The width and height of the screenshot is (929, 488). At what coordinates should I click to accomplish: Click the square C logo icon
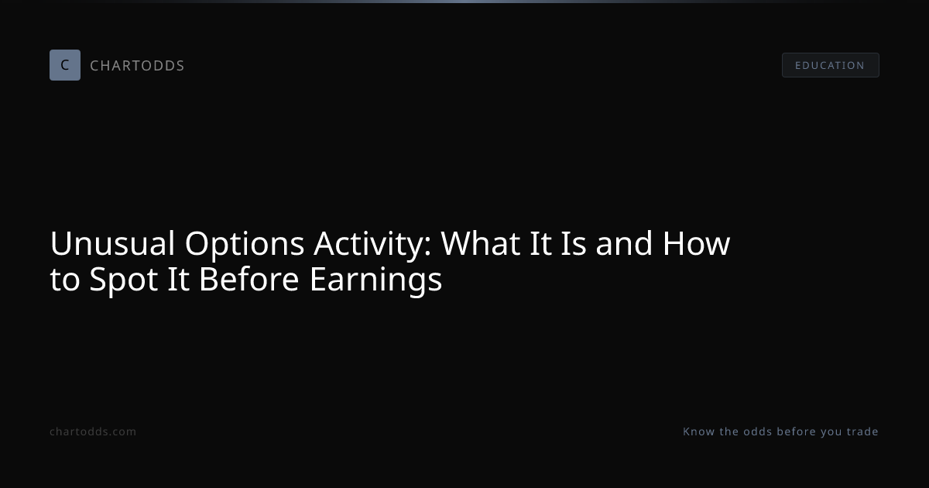click(65, 65)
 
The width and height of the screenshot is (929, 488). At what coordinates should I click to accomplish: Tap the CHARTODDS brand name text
click(137, 66)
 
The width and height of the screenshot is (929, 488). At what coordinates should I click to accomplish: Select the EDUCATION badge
click(830, 65)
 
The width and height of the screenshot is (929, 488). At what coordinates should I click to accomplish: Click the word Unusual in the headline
click(112, 243)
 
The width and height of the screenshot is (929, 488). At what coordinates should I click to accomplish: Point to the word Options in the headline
click(245, 245)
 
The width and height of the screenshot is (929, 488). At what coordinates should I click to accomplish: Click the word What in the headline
click(481, 243)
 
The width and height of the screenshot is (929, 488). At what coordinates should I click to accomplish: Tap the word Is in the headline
click(574, 243)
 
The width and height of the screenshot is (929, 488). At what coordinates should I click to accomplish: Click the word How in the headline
click(696, 243)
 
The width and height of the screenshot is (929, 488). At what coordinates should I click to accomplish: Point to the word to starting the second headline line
click(65, 280)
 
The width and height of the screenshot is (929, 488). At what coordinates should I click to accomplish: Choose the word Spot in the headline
click(123, 281)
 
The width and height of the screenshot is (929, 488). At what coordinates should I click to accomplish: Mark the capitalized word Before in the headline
click(249, 280)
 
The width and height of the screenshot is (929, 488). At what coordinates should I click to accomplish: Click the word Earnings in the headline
click(375, 281)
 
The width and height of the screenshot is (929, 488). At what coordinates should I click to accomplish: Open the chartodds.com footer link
click(93, 431)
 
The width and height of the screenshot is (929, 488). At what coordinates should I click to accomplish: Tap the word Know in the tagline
click(699, 431)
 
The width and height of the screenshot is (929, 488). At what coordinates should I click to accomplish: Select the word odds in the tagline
click(758, 431)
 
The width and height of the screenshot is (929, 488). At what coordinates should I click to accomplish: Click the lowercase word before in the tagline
click(797, 431)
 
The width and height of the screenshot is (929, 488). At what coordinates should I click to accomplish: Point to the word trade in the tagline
click(862, 431)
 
